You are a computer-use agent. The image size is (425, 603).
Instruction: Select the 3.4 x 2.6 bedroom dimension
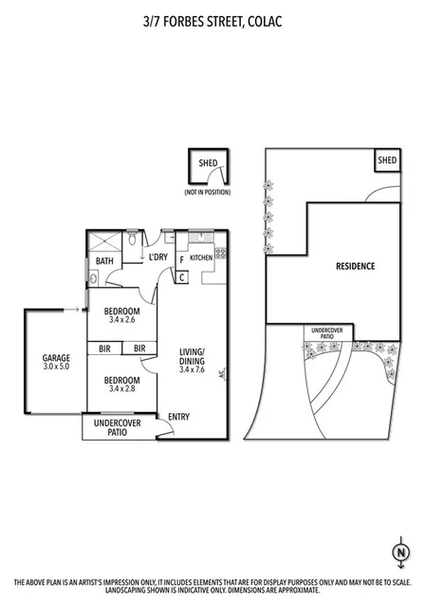[122, 320]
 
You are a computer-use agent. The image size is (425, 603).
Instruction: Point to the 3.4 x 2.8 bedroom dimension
[122, 387]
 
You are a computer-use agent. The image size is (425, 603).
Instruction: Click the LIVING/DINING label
[193, 361]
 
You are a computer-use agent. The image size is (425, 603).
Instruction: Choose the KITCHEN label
[201, 257]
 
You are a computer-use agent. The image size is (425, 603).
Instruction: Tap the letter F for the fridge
[180, 257]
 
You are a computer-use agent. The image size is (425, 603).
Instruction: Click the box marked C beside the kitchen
[181, 277]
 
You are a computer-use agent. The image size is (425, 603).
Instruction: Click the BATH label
[104, 262]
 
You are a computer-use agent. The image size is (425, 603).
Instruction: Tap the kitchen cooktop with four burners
[220, 254]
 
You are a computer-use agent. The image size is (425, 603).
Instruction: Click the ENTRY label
[177, 416]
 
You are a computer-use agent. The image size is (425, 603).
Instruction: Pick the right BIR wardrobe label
[139, 349]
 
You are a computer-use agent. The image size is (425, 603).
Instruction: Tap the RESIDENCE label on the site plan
[356, 266]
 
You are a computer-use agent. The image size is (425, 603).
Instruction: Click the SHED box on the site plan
[387, 161]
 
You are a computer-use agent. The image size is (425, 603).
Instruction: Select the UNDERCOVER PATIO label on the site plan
[329, 333]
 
